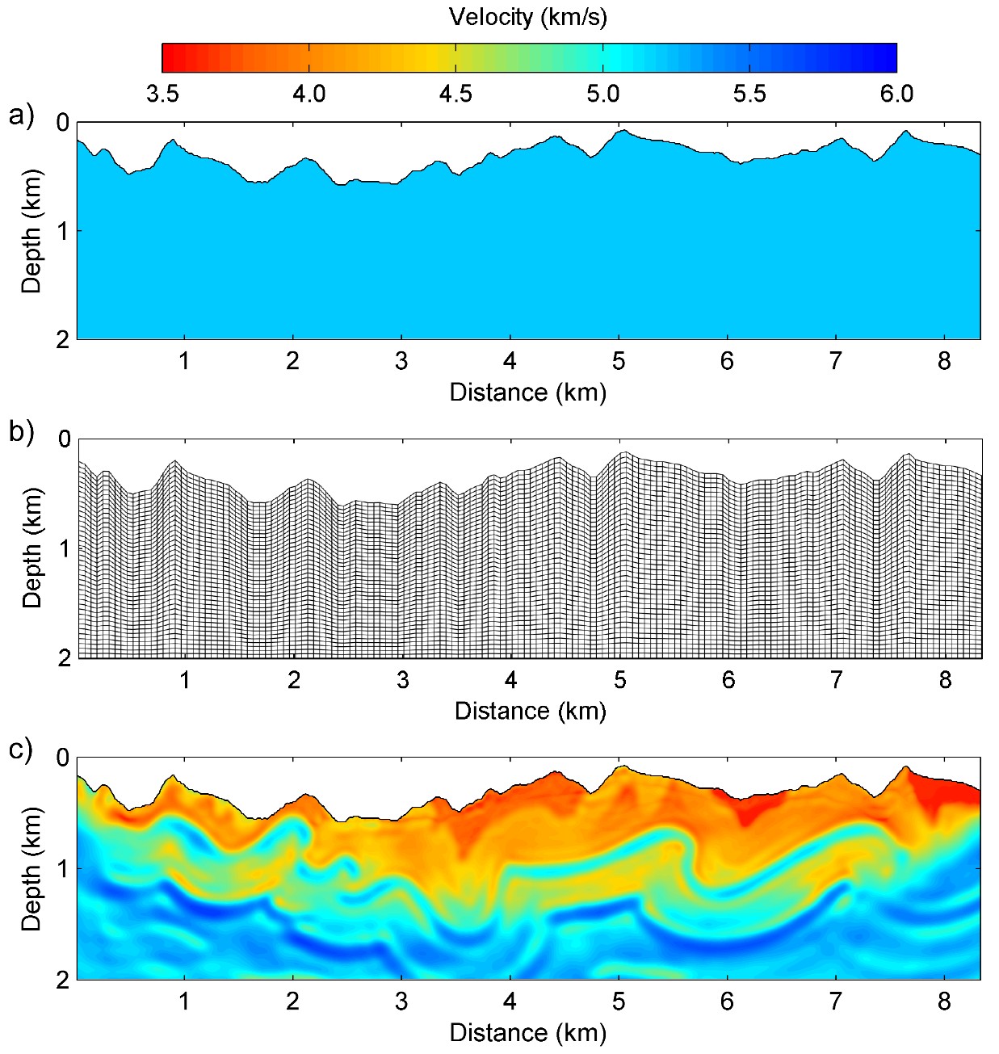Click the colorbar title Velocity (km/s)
tap(528, 17)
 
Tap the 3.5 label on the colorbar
tap(162, 94)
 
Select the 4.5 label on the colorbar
tap(455, 94)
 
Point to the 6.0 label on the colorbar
tap(896, 94)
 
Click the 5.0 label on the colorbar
tap(602, 94)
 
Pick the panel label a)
tap(22, 115)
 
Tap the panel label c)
tap(22, 750)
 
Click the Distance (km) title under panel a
tap(528, 393)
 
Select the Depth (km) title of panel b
tap(31, 548)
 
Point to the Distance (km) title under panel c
tap(528, 1033)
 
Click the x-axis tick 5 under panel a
tap(619, 361)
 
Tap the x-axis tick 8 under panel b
tap(946, 680)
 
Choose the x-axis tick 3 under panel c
tap(401, 1002)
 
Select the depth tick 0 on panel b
tap(64, 440)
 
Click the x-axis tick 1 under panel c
tap(184, 1002)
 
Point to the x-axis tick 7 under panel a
tap(836, 361)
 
